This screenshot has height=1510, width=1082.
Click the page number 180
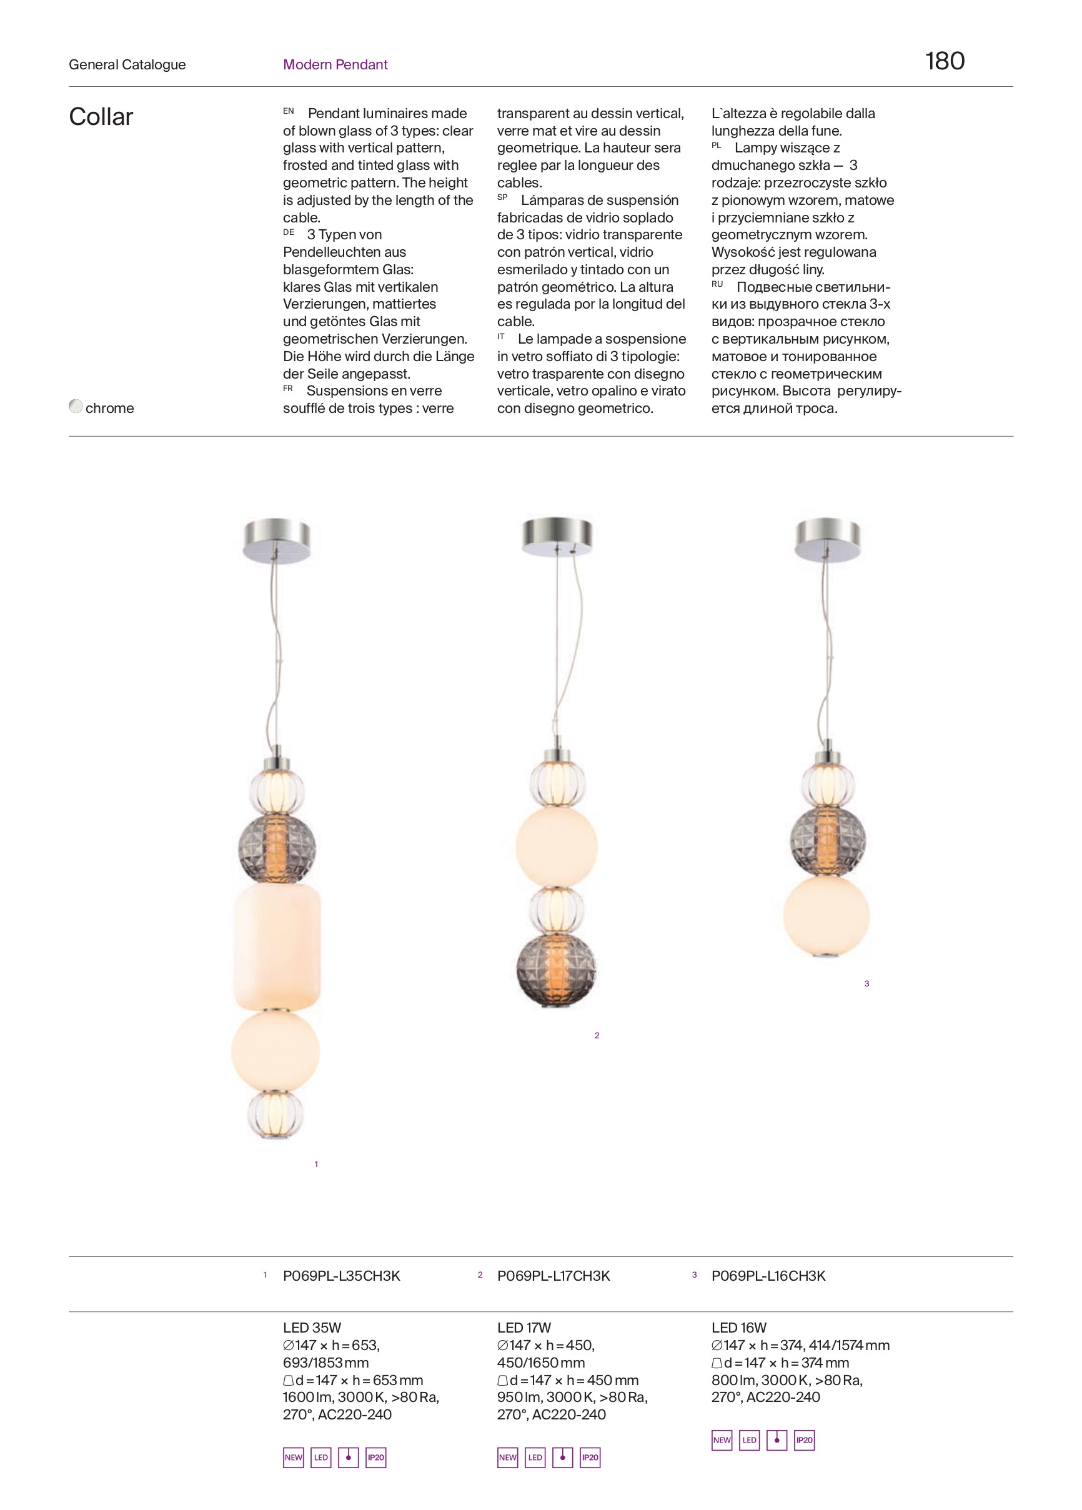(x=944, y=61)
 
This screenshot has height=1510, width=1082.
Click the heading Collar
(x=101, y=117)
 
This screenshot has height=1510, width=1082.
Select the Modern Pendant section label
(x=335, y=64)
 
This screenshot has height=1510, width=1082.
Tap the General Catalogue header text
(x=127, y=64)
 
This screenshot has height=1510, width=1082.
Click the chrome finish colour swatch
(x=76, y=406)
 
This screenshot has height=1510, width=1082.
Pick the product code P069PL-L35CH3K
(x=342, y=1276)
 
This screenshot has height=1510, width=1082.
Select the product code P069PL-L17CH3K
(x=553, y=1276)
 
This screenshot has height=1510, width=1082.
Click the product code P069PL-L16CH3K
(x=768, y=1276)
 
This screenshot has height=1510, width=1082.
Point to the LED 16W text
(x=738, y=1327)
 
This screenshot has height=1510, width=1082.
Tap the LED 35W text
(x=312, y=1327)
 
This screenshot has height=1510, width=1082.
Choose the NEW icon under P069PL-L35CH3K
(x=293, y=1458)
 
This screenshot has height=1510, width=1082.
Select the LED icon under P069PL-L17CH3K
(x=535, y=1458)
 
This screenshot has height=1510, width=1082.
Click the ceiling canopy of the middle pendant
(x=557, y=536)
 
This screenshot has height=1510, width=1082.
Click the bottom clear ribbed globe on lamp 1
(x=275, y=1113)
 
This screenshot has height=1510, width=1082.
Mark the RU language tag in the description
(x=717, y=284)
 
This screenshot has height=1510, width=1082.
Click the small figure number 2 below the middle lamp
(x=597, y=1035)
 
